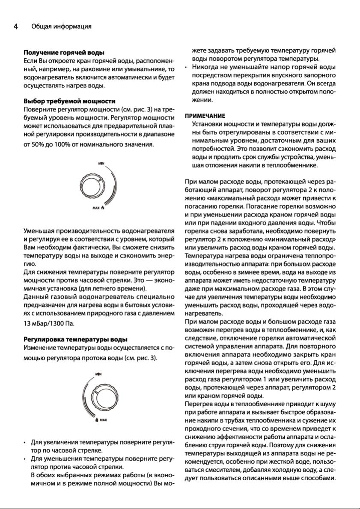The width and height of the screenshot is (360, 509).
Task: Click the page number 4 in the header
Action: coord(15,27)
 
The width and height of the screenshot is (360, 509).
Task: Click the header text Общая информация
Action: coord(61,27)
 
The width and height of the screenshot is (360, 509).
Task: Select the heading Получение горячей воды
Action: coord(64,53)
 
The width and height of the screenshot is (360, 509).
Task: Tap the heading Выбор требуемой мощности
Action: coord(69,101)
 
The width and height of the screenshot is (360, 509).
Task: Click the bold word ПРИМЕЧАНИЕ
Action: coord(205,116)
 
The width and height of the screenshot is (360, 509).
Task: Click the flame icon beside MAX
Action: coord(103,208)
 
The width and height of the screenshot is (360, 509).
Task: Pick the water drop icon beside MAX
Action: coord(96,419)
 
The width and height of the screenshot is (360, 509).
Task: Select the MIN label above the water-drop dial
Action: coord(99,374)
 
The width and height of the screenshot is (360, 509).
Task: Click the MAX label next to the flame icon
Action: coord(96,208)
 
